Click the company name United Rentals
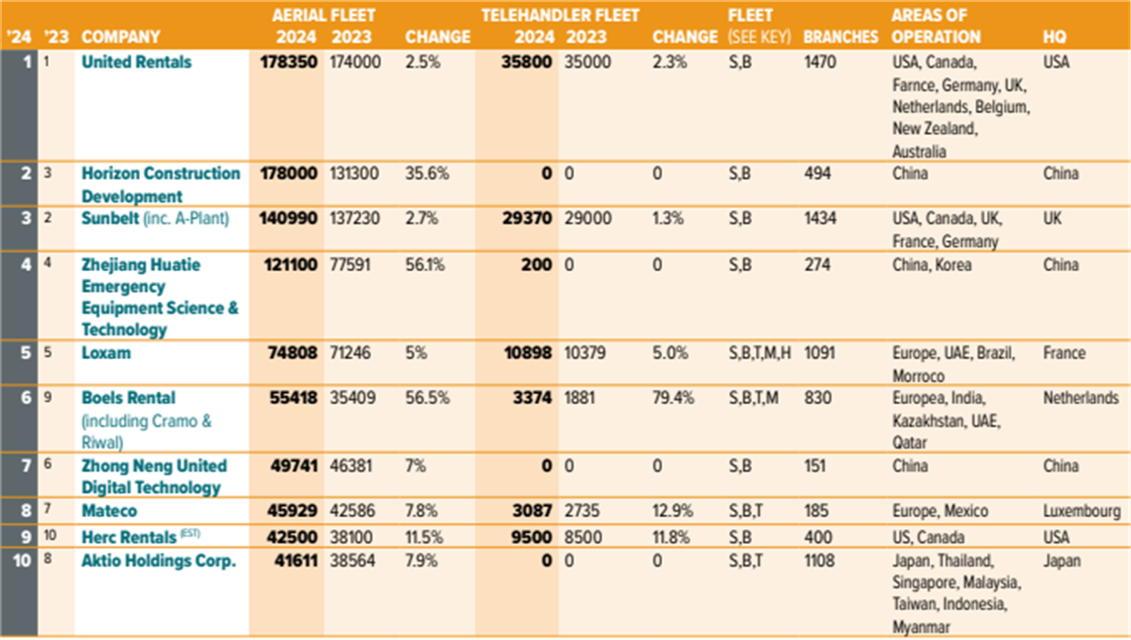(x=136, y=62)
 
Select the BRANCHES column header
(x=840, y=37)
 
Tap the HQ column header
(x=1055, y=37)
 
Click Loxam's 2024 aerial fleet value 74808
(x=292, y=353)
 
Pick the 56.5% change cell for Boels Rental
(x=429, y=398)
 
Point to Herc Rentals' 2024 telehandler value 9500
(x=529, y=537)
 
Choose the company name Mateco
(x=109, y=511)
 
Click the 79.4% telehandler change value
(x=676, y=398)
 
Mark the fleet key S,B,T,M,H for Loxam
(x=761, y=353)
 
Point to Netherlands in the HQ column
(x=1080, y=398)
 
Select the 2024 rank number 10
(x=19, y=561)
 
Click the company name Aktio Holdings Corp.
(x=159, y=561)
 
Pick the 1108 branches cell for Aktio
(x=820, y=561)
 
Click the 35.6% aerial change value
(x=428, y=174)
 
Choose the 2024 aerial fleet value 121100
(x=289, y=265)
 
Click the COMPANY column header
(x=120, y=37)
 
